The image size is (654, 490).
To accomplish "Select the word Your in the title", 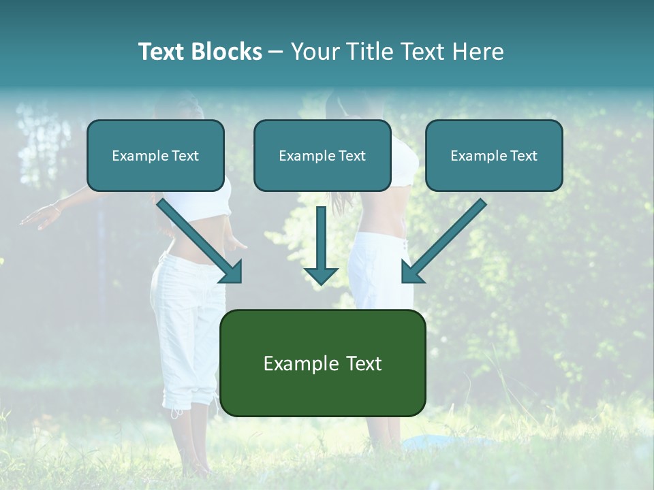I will click(314, 52).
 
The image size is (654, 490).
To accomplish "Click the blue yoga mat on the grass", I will click(436, 442).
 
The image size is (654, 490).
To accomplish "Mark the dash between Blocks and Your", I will click(276, 52).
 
